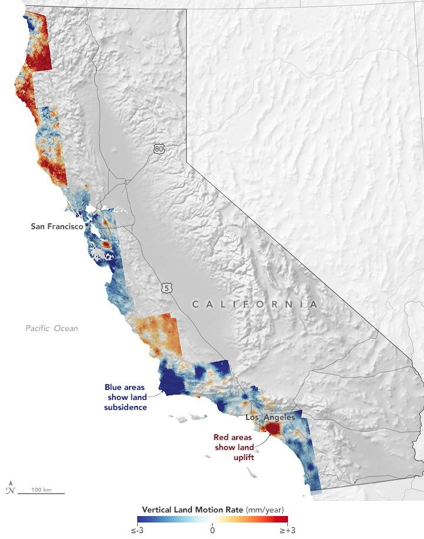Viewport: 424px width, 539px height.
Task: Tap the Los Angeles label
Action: click(x=269, y=418)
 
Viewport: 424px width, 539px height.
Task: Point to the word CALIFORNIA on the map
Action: click(x=254, y=305)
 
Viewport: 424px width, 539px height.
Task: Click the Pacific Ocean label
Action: click(x=51, y=328)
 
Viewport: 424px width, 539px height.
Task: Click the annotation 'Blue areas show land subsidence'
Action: click(x=125, y=397)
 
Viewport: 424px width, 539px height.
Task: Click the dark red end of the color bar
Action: click(x=283, y=520)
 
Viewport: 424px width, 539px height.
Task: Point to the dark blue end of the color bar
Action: click(x=141, y=520)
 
